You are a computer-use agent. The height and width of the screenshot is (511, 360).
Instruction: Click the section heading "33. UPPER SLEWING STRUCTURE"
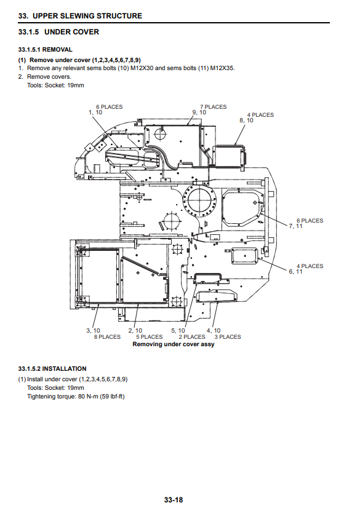80,16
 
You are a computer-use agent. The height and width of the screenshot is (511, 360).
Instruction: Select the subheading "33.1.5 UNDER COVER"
58,32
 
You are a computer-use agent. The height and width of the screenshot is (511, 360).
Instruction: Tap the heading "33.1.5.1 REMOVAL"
46,50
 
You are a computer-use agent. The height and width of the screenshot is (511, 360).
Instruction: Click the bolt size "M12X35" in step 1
222,68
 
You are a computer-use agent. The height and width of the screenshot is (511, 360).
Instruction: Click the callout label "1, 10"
95,113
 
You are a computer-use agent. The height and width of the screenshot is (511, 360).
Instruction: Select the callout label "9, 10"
199,113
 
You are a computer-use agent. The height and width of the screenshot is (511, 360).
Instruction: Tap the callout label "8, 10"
247,121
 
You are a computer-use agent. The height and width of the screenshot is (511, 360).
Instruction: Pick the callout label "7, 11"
296,226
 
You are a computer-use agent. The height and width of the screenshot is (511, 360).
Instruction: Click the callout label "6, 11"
296,272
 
